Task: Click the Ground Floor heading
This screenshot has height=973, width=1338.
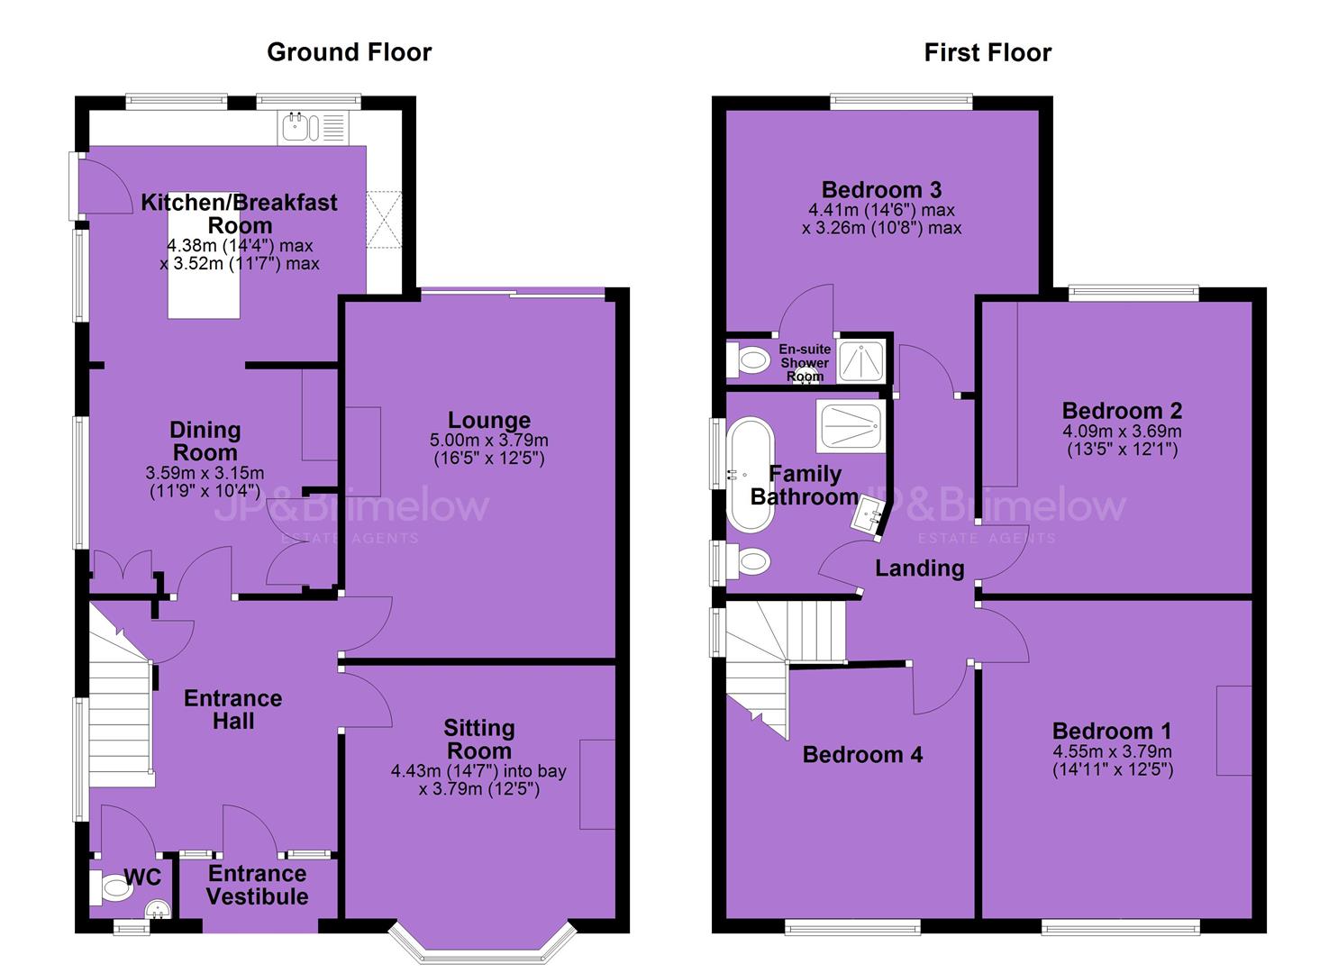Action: coord(350,52)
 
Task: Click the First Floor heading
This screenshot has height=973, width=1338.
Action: coord(988,52)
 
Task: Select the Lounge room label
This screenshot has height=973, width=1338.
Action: coord(489,420)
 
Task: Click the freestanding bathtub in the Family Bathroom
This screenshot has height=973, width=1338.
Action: coord(750,475)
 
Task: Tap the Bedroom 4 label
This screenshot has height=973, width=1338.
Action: coord(862,755)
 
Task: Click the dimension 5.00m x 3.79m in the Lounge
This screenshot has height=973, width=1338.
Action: coord(489,441)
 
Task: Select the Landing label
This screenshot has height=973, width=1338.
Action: coord(920,568)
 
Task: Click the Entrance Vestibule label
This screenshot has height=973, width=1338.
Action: coord(258,886)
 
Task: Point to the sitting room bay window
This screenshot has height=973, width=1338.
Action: coord(483,947)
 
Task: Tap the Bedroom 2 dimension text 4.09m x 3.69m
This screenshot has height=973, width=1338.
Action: coord(1122,432)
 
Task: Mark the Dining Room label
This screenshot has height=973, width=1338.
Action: coord(205,441)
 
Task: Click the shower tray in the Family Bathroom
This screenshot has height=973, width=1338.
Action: coord(851,426)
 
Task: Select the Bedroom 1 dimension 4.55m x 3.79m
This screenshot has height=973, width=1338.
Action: coord(1112,751)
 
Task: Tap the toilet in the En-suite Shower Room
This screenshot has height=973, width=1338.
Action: coord(748,360)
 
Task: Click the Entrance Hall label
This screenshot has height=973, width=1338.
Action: coord(233,710)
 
